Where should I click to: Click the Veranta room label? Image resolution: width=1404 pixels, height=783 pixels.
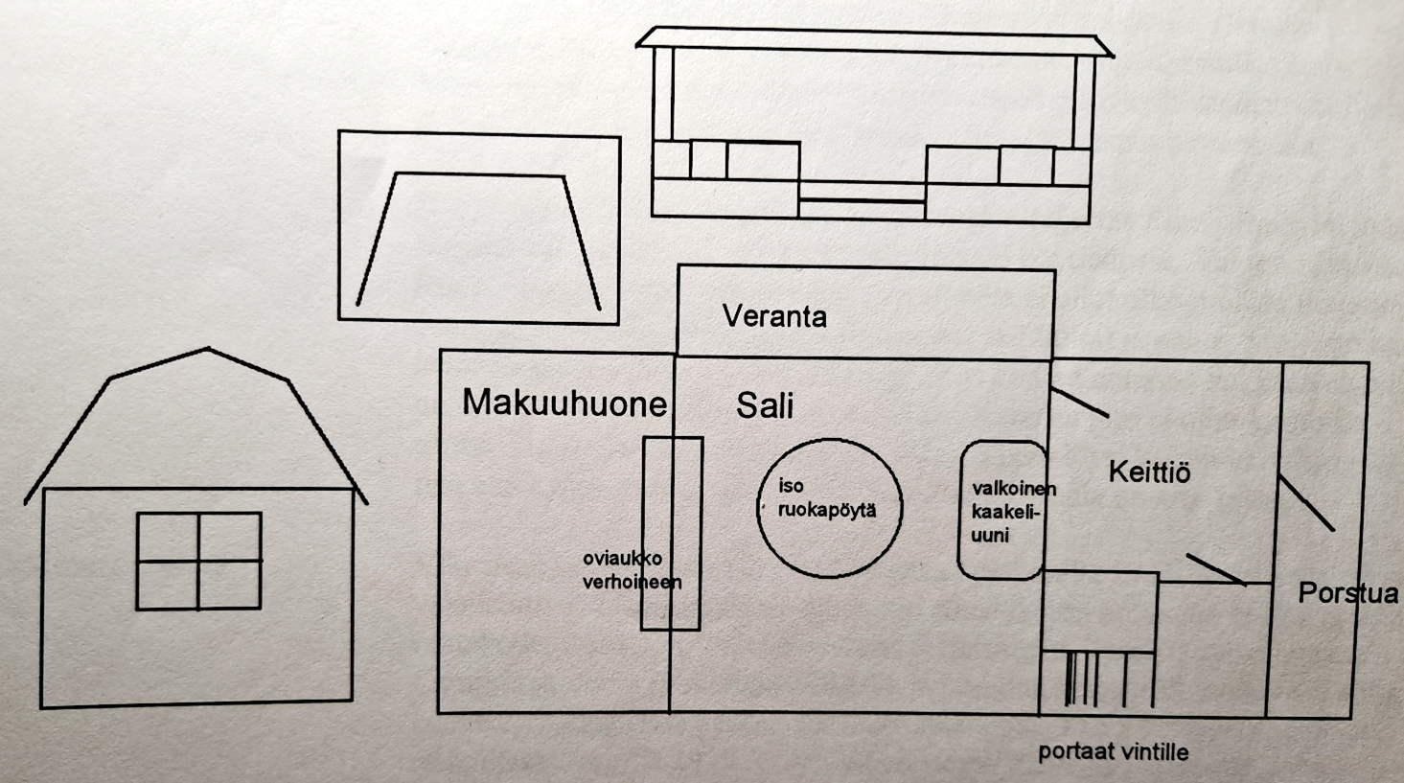[774, 316]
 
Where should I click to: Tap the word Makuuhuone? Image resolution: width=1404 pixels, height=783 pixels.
[564, 403]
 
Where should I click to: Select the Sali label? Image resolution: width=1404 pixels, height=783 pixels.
[764, 406]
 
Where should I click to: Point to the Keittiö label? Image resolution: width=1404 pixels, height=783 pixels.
[1149, 472]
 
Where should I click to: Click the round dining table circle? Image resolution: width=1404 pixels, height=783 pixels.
[830, 556]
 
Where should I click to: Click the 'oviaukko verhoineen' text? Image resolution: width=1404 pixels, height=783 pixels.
[631, 570]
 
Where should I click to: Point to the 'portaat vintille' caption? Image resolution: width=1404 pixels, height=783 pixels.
[1113, 752]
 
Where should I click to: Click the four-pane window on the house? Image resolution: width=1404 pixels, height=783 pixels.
[198, 561]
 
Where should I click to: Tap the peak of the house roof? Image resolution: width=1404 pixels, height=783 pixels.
[208, 350]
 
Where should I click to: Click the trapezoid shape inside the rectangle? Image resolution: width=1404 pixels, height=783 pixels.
[478, 239]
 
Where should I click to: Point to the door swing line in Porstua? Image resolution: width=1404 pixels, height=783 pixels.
[1305, 501]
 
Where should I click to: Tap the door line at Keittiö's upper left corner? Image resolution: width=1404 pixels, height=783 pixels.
[1079, 403]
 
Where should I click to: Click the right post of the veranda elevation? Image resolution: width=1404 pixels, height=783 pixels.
[1083, 101]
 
